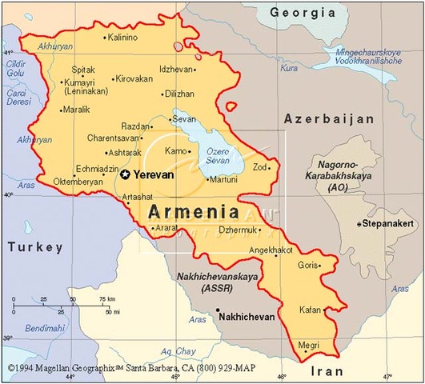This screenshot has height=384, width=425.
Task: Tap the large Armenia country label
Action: pos(193,212)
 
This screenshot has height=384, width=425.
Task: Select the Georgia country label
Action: pos(302,12)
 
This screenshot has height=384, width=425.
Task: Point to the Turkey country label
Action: pos(35,248)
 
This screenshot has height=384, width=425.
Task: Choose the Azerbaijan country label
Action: pos(329,118)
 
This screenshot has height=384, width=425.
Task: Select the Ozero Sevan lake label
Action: pos(217,158)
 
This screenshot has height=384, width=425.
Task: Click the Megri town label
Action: pos(308,345)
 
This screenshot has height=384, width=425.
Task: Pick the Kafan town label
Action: pos(309,309)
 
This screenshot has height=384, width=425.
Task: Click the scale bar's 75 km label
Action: pos(106,299)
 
